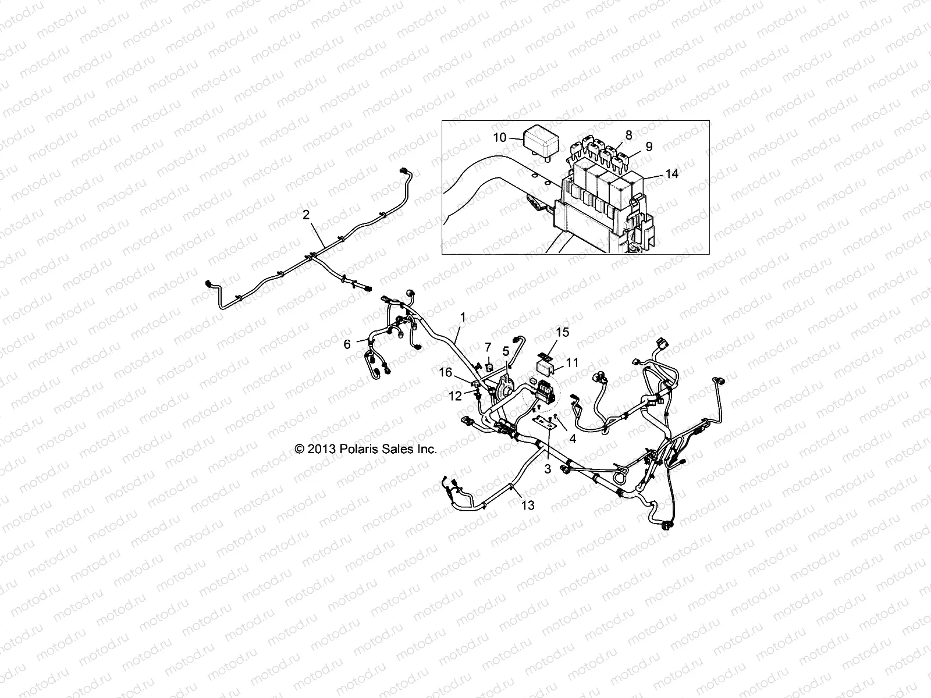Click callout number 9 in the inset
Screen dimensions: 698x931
tap(649, 147)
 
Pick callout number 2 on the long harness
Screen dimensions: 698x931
tap(305, 215)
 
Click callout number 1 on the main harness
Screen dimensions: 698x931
tap(463, 317)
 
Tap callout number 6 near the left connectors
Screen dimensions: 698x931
tap(347, 344)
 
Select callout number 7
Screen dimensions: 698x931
tap(488, 348)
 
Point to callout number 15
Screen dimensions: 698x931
tap(562, 332)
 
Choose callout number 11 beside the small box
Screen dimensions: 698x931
tap(573, 362)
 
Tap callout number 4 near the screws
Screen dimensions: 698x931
tap(573, 439)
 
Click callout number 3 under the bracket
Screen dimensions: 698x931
tap(548, 469)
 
